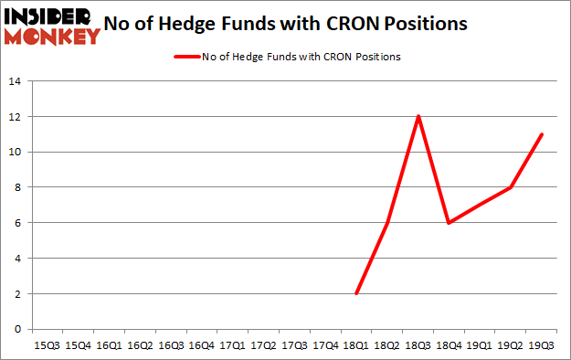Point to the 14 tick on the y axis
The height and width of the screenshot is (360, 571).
(x=16, y=81)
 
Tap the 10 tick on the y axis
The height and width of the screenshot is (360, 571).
(x=16, y=152)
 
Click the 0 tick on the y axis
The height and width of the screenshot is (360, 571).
(x=18, y=329)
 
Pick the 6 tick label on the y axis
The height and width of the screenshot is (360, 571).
(x=18, y=223)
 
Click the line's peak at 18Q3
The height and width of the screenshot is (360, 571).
(x=418, y=116)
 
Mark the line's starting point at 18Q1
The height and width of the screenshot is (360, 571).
(x=355, y=293)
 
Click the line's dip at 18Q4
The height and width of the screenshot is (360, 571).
(x=449, y=223)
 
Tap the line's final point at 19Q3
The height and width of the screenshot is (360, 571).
(x=542, y=134)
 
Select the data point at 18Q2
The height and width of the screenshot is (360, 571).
(x=386, y=223)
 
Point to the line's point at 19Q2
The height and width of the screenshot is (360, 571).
(x=511, y=187)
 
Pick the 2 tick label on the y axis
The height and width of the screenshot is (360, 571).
(x=18, y=293)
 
